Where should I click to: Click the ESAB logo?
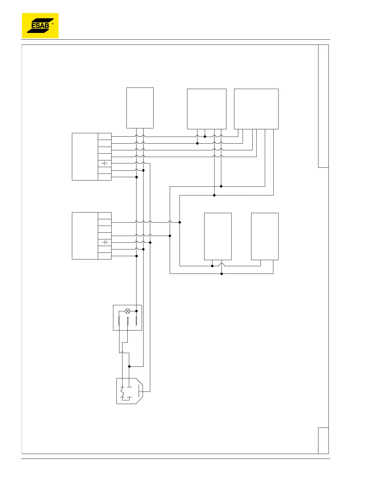tap(40, 26)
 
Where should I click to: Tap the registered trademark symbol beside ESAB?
tap(53, 24)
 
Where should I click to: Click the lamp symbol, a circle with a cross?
tap(128, 311)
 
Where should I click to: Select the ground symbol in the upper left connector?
tap(105, 163)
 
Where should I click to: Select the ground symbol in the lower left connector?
tap(105, 242)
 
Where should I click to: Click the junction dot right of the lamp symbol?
tap(137, 311)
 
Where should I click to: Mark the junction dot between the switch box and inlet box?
tap(130, 367)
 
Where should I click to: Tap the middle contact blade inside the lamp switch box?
tap(128, 321)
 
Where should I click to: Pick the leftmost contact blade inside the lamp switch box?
tap(119, 321)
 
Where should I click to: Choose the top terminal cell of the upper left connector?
tap(105, 136)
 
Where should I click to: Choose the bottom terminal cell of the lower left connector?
tap(105, 256)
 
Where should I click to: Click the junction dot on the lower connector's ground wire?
tap(150, 242)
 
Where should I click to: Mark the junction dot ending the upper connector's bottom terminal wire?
tap(137, 177)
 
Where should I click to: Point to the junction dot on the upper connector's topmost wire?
tap(205, 137)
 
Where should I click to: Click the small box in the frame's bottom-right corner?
tap(323, 441)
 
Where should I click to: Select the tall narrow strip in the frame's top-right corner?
tap(323, 106)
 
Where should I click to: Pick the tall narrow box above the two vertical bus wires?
tap(140, 108)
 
